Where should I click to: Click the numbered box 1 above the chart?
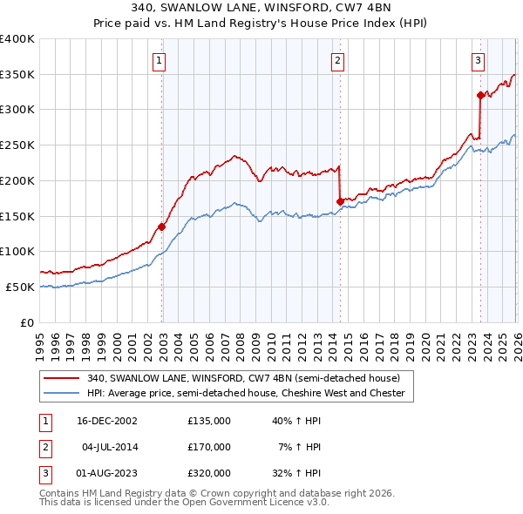[161, 60]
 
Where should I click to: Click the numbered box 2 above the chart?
[337, 60]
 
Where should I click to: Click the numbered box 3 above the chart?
[479, 60]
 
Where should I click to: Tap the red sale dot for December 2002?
[162, 227]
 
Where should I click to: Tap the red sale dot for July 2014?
[339, 202]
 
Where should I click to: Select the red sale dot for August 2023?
[480, 95]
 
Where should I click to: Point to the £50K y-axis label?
[20, 287]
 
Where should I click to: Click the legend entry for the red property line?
[243, 379]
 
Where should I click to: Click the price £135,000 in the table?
[208, 421]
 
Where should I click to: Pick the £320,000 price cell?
[208, 473]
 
